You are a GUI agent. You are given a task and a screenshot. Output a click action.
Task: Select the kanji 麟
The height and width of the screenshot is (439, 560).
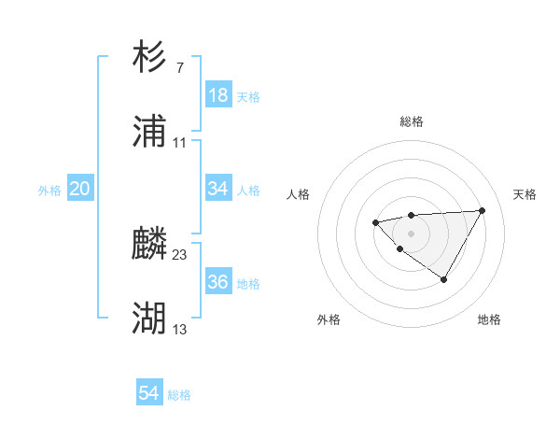click(149, 244)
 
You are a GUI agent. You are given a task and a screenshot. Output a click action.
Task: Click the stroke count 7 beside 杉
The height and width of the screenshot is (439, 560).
click(179, 67)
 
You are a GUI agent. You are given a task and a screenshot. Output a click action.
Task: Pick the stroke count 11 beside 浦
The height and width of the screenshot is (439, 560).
click(180, 143)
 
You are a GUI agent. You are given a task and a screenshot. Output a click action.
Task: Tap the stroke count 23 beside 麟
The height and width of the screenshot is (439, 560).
click(180, 254)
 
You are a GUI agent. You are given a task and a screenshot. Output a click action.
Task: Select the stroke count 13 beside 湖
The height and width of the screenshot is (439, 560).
click(180, 330)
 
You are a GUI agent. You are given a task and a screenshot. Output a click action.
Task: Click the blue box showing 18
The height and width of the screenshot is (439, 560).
click(218, 95)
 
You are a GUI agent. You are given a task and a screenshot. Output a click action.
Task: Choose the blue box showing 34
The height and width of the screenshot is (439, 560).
click(218, 189)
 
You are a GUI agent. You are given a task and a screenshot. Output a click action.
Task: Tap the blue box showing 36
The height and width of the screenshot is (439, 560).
click(218, 282)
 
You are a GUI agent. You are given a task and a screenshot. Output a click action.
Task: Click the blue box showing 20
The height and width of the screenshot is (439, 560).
click(80, 189)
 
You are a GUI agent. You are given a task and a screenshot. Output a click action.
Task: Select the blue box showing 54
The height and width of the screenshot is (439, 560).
click(149, 394)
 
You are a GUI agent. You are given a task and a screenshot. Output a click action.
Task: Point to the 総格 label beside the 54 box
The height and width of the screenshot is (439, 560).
click(179, 395)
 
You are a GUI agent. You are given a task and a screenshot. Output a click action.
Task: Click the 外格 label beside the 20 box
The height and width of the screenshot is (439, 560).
click(49, 190)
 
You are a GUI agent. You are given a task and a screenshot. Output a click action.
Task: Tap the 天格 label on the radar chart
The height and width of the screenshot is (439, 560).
click(525, 194)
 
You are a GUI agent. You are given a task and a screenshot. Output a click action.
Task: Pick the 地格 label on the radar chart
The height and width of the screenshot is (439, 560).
click(489, 319)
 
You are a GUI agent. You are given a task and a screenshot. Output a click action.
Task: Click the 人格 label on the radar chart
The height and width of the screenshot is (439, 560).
click(299, 194)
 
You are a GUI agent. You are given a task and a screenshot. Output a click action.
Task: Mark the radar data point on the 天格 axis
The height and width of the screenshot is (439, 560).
click(482, 210)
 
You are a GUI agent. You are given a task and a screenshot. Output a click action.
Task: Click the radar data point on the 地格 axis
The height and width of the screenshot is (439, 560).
click(444, 279)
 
